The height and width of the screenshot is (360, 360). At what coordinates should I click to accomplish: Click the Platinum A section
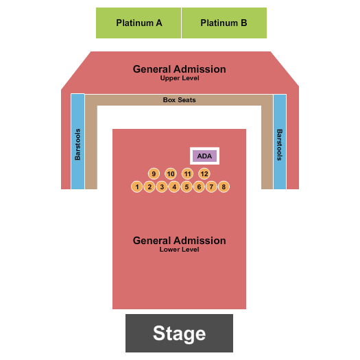click(139, 23)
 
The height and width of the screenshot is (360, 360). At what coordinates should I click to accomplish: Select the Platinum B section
click(224, 23)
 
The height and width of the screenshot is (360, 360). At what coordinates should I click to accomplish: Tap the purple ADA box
click(204, 156)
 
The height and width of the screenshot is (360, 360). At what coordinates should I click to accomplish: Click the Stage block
click(179, 333)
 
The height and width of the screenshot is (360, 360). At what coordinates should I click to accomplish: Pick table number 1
click(137, 187)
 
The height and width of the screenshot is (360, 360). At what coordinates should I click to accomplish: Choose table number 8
click(224, 187)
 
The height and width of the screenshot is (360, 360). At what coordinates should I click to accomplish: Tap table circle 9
click(154, 173)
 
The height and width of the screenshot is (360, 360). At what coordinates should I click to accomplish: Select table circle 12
click(204, 173)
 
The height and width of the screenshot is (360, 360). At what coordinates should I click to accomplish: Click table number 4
click(174, 187)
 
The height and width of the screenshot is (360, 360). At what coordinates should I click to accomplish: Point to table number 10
click(171, 173)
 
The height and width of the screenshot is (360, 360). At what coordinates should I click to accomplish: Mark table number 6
click(199, 187)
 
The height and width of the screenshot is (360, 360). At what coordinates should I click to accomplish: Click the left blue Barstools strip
click(78, 142)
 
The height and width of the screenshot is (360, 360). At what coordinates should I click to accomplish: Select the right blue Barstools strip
click(280, 142)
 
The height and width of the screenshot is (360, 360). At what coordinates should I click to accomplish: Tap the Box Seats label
click(179, 100)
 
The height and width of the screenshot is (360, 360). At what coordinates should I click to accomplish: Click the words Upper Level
click(180, 78)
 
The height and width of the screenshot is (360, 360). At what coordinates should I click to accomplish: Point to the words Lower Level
click(179, 250)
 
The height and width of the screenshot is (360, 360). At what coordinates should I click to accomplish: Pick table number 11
click(188, 173)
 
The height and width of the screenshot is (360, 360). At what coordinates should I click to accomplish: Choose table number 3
click(162, 187)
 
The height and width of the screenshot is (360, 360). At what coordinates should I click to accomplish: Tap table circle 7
click(211, 187)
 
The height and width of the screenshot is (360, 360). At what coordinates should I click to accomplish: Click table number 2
click(149, 187)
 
